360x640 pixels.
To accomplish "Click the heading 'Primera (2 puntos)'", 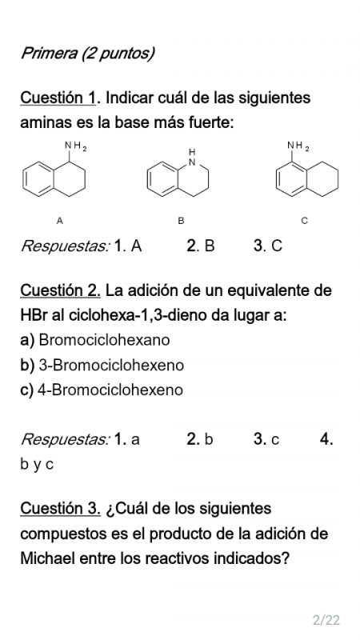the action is tap(87, 53).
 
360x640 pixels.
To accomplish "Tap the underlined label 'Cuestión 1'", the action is tap(58, 98).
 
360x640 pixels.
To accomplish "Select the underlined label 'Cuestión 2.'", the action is tap(61, 290).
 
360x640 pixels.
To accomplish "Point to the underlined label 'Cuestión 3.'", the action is tap(61, 509).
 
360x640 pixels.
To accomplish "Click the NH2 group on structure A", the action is tap(75, 146).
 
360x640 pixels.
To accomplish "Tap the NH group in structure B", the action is tap(192, 157).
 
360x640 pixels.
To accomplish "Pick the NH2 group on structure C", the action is tap(298, 146).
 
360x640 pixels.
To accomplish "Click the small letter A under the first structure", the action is tap(59, 221).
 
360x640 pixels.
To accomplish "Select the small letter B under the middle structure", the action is tap(182, 221).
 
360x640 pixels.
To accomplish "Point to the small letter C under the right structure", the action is tap(304, 221).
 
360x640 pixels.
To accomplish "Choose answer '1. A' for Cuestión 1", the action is tap(128, 246).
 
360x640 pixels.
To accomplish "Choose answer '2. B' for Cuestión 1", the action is tap(201, 246).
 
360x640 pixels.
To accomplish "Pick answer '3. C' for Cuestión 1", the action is tap(268, 246).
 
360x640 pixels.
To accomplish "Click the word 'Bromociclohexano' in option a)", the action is tap(104, 340).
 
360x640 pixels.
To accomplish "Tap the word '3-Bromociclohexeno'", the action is tap(111, 365).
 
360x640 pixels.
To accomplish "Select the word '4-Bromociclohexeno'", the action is tap(110, 390).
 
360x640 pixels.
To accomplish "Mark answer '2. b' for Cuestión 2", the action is tap(199, 439).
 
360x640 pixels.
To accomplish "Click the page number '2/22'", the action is tap(326, 620).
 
